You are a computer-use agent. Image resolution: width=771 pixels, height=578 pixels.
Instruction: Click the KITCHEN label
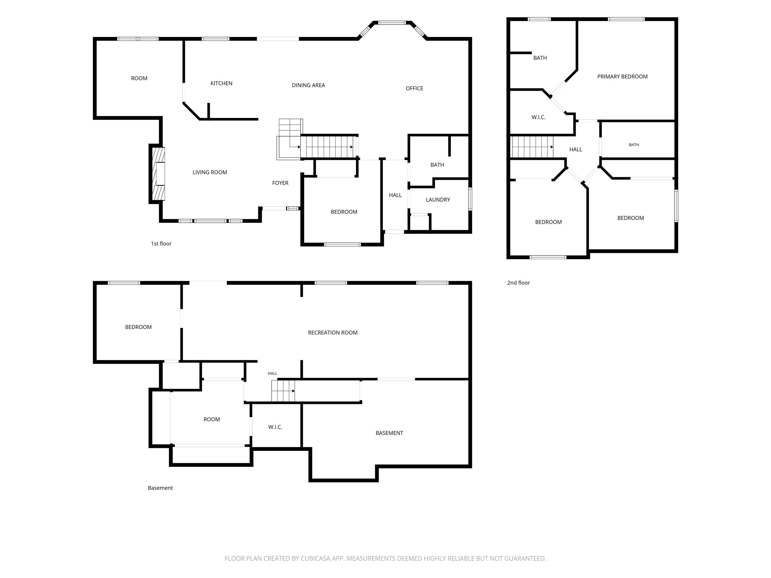tap(221, 83)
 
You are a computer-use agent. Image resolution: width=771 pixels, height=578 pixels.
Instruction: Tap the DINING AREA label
tap(308, 85)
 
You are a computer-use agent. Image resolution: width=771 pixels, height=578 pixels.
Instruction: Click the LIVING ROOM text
tap(210, 172)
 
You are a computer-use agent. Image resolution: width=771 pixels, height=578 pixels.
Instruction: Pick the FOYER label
tap(280, 183)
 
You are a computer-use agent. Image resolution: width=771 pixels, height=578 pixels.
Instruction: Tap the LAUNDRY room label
tap(438, 200)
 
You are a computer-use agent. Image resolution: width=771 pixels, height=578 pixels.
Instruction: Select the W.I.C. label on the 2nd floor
tap(539, 117)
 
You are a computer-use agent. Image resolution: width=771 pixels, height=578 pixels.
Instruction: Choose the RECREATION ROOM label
tap(333, 333)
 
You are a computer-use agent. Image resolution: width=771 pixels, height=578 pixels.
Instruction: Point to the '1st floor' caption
tap(161, 244)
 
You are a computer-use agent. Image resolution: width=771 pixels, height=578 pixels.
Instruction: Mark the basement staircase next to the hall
tap(283, 391)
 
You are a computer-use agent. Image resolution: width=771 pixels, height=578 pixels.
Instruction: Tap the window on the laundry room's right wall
tap(470, 199)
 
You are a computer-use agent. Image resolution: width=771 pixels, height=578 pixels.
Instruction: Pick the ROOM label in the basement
tap(212, 419)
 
